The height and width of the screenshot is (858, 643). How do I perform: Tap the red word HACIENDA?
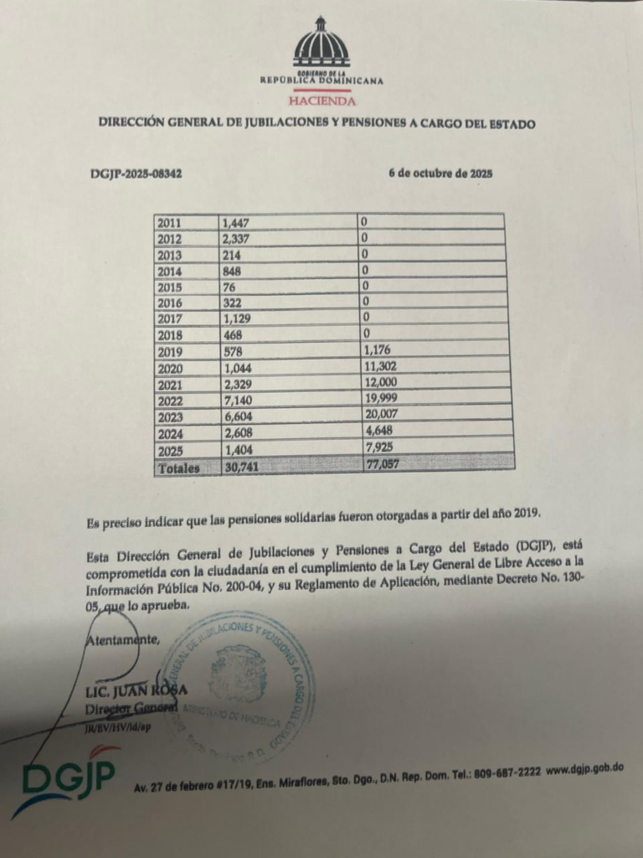click(x=321, y=101)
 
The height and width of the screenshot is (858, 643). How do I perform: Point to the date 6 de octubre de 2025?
click(x=440, y=174)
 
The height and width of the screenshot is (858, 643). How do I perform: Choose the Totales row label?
click(x=177, y=468)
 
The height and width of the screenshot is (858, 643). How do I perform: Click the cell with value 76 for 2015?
click(x=230, y=285)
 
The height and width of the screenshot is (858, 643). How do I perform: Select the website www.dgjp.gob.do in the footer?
click(x=585, y=769)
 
